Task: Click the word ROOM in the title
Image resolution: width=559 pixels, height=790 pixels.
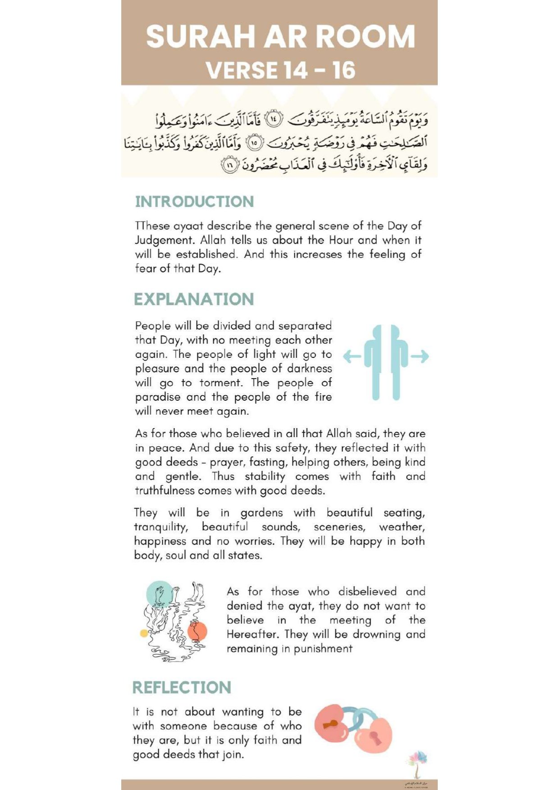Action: [x=366, y=36]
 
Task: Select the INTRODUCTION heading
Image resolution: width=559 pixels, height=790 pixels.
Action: [x=194, y=202]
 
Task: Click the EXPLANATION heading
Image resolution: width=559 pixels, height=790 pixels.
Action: [x=194, y=299]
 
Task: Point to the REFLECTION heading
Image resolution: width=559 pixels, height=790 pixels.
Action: [x=182, y=687]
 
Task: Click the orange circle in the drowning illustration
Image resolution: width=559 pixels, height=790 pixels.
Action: [x=197, y=632]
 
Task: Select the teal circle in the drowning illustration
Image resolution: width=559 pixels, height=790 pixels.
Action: [x=159, y=594]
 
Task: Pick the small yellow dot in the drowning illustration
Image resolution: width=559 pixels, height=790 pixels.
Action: [x=144, y=633]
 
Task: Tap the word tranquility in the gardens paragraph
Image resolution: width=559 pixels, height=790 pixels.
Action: [x=160, y=527]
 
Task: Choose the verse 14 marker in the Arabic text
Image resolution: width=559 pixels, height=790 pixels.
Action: [x=274, y=119]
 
